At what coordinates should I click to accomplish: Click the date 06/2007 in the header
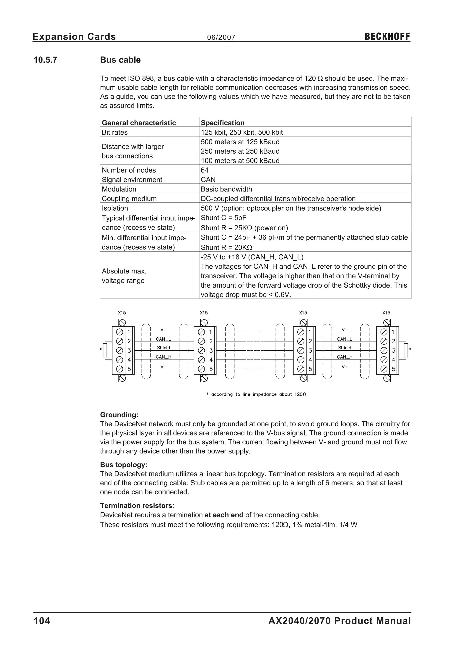[221, 37]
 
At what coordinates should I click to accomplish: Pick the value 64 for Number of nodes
[205, 170]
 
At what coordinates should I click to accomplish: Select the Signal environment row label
[132, 179]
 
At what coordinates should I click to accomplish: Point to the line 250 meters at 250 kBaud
[240, 151]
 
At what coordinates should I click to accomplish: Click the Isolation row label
[115, 208]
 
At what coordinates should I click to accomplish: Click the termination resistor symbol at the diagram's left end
[105, 350]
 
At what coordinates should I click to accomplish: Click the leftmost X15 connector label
[122, 313]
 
